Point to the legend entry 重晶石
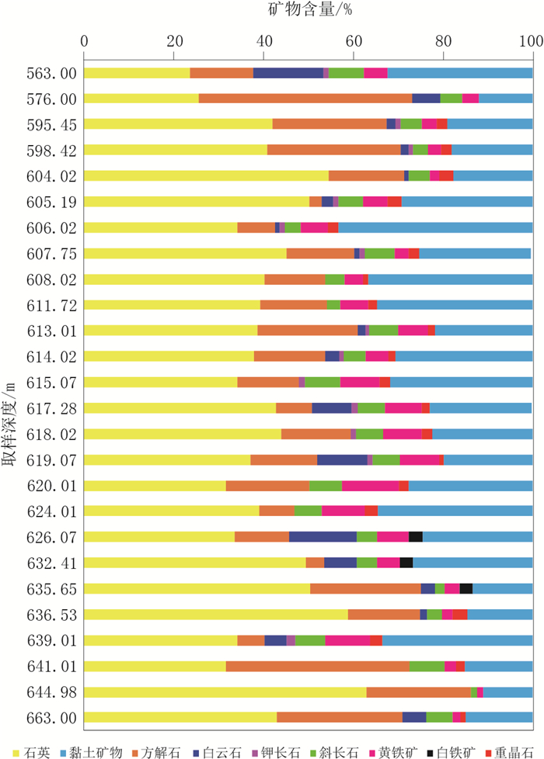tap(511, 752)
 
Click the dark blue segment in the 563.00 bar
tap(288, 73)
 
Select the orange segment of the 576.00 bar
tap(305, 99)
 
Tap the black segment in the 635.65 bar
tap(466, 588)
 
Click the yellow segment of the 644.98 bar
tap(225, 691)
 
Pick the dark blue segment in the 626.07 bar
tap(323, 537)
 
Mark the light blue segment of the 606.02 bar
tap(435, 227)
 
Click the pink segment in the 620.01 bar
tap(370, 486)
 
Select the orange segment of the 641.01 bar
tap(317, 666)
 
